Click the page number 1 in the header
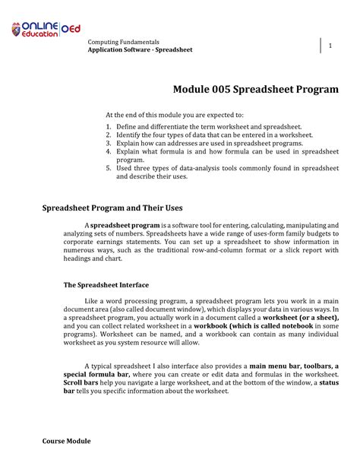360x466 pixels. pos(331,46)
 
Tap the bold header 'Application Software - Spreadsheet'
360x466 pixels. pos(140,49)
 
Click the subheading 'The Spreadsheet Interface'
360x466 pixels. pos(106,285)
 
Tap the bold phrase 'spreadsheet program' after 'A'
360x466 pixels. pos(125,226)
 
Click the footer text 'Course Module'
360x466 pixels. pos(66,441)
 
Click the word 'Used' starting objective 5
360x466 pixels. pos(125,167)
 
